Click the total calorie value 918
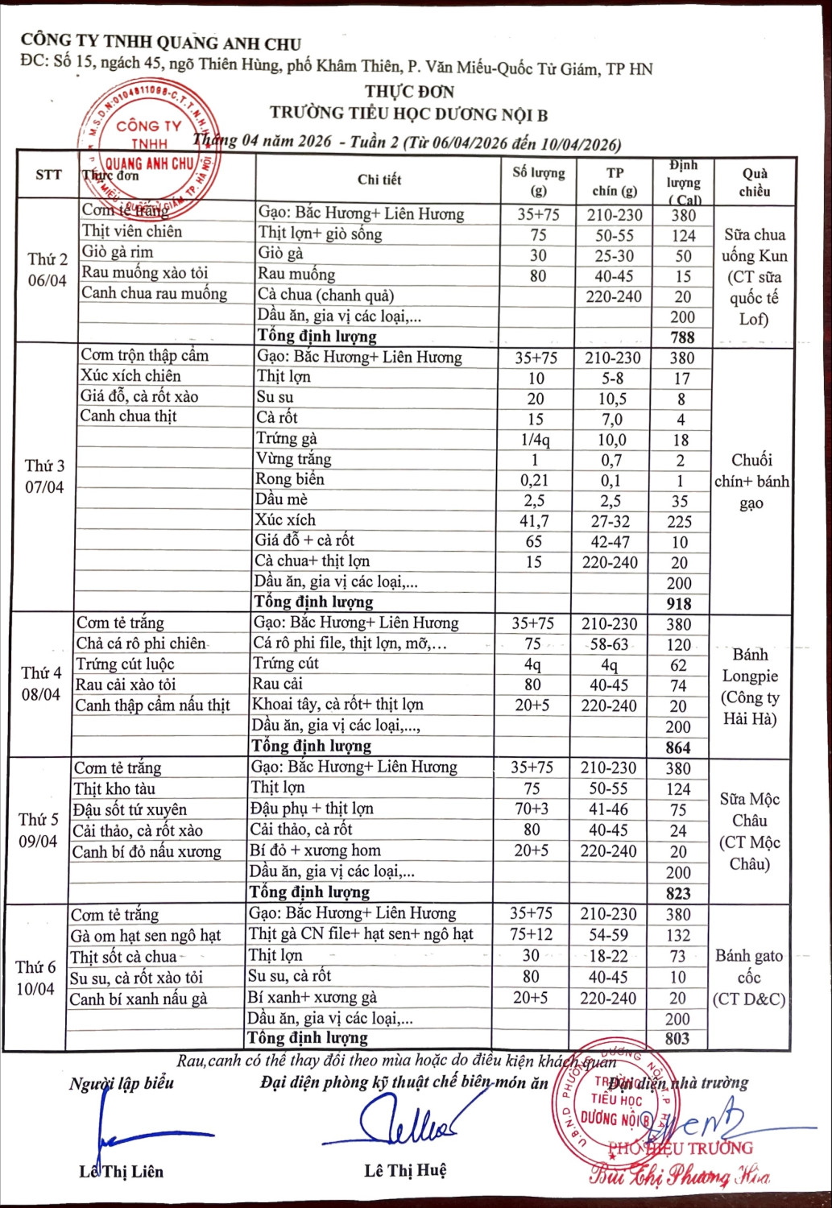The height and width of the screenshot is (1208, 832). tap(679, 603)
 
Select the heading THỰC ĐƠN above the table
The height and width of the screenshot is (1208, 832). tap(409, 92)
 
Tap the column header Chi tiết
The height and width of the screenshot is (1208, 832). tap(379, 179)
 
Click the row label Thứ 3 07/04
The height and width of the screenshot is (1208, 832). tap(44, 476)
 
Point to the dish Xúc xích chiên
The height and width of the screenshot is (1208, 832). tap(130, 375)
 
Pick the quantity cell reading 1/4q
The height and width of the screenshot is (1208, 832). tap(535, 440)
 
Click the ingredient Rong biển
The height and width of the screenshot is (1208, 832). tap(290, 479)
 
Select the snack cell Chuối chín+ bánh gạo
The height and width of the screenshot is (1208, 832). tap(751, 481)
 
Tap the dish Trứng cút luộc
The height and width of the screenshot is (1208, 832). tap(125, 664)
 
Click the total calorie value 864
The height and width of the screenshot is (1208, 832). tap(678, 747)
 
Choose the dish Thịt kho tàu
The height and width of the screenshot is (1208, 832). tap(114, 788)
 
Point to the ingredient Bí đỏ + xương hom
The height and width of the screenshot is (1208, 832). tap(315, 850)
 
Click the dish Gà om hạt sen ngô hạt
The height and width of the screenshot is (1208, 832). tap(146, 935)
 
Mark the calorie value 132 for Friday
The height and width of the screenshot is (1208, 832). tap(678, 935)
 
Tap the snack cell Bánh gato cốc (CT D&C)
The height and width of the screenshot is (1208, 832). tap(749, 977)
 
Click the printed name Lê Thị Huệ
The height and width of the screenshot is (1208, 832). tap(405, 1170)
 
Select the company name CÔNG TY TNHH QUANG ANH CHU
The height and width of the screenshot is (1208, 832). tap(161, 43)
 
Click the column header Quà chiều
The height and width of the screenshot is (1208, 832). tap(755, 182)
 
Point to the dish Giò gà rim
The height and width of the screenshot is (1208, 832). tap(118, 251)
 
